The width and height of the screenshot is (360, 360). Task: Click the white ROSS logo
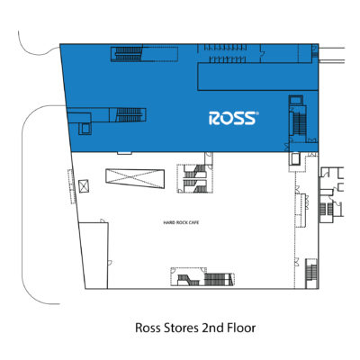click(233, 118)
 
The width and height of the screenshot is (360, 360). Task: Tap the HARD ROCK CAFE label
click(181, 222)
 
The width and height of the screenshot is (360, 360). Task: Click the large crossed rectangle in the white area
click(135, 178)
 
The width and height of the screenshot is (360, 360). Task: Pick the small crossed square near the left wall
click(84, 186)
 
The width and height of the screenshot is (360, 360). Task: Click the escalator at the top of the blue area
click(127, 53)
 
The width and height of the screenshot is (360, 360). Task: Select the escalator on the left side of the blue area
click(129, 115)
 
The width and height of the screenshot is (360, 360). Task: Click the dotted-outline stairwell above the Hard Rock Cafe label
click(195, 178)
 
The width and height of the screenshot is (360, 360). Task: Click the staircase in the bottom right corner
click(311, 273)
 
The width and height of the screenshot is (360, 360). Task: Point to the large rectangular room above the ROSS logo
click(257, 76)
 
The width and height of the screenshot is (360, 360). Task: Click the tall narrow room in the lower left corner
click(94, 256)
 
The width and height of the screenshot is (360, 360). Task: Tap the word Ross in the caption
click(148, 328)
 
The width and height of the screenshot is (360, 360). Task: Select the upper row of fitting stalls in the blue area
click(226, 48)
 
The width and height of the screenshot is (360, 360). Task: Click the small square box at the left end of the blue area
click(85, 129)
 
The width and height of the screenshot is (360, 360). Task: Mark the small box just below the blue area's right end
click(295, 158)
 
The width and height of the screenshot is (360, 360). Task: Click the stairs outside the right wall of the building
click(326, 209)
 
